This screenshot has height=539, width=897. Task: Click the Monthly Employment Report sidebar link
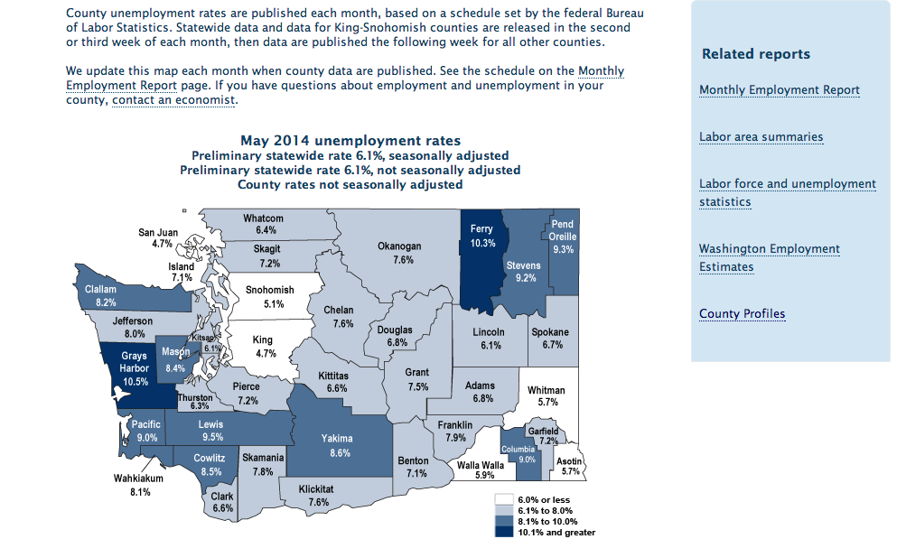click(779, 90)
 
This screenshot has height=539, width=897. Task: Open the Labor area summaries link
click(761, 137)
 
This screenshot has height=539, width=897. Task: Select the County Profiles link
click(742, 314)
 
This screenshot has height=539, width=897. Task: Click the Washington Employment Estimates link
click(769, 257)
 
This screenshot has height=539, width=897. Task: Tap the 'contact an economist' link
click(173, 101)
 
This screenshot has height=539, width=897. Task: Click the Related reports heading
click(755, 54)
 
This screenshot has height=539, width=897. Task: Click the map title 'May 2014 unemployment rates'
click(350, 141)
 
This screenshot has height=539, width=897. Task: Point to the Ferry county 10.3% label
click(481, 237)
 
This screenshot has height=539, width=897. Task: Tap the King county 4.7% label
click(263, 347)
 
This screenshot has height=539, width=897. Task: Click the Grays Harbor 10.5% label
click(135, 368)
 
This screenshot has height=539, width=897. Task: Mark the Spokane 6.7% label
click(553, 339)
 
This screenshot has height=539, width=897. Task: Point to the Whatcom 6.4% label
click(265, 225)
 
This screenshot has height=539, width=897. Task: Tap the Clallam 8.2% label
click(99, 295)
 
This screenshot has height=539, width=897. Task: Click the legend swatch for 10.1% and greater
click(503, 532)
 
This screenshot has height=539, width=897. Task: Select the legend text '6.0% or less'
click(544, 499)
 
